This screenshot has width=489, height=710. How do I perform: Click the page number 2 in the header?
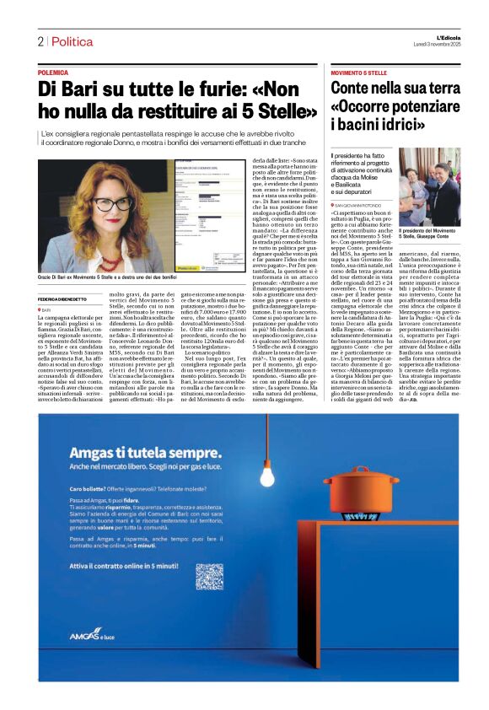40,41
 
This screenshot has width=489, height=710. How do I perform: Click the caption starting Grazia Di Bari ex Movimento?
108,252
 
